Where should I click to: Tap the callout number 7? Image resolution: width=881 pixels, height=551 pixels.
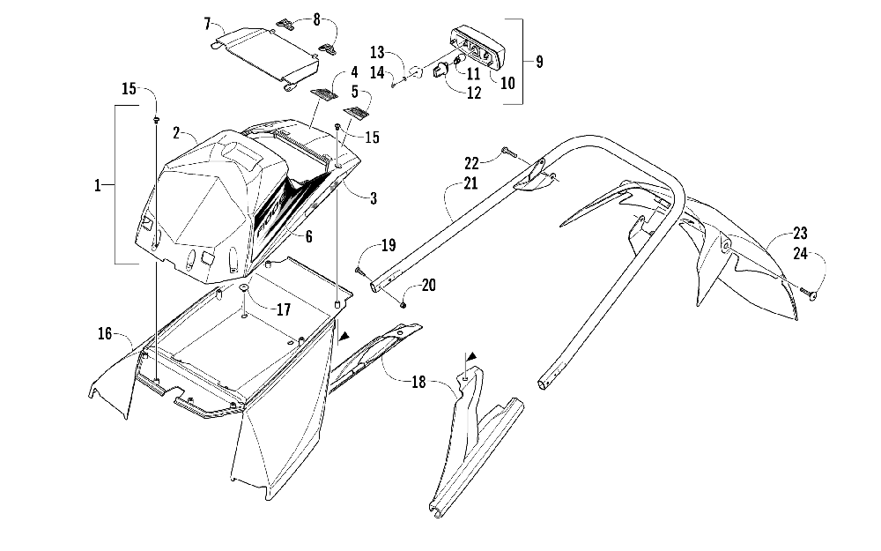[207, 22]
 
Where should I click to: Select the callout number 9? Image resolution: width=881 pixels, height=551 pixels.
[539, 62]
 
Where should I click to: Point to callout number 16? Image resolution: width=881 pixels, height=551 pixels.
[106, 334]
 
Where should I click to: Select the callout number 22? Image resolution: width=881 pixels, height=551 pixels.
[495, 161]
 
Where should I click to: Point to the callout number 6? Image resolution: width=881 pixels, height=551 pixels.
[307, 236]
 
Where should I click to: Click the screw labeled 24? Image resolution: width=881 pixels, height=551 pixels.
[810, 294]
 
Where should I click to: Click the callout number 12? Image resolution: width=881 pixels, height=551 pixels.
[475, 93]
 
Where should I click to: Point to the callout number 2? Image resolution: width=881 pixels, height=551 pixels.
[177, 133]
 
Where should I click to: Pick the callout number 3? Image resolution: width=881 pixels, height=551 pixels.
[374, 199]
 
